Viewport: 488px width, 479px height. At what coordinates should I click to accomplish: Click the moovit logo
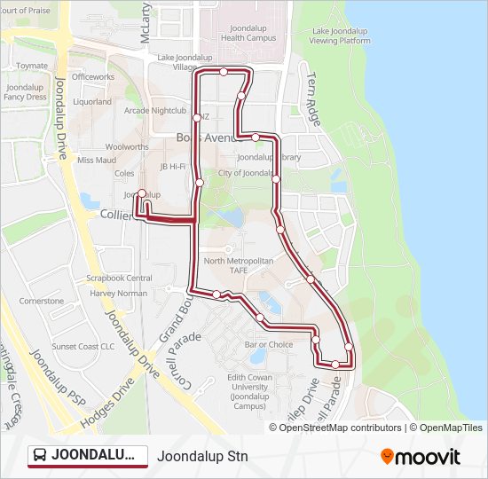(421, 457)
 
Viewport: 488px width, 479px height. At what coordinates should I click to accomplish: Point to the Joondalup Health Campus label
(248, 33)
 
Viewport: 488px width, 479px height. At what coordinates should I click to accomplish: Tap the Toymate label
(32, 66)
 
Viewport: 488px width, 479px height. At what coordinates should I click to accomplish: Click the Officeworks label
(93, 77)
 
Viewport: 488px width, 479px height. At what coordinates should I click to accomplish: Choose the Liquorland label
(92, 102)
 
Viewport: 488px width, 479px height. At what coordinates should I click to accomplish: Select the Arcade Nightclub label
(155, 111)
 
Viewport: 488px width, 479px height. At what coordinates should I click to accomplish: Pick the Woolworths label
(127, 146)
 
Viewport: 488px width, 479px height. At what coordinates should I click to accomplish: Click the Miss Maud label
(97, 161)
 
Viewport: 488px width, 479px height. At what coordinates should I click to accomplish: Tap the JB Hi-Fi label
(172, 167)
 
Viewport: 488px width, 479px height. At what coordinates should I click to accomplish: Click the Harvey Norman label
(118, 293)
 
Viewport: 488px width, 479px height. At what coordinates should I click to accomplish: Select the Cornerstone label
(42, 301)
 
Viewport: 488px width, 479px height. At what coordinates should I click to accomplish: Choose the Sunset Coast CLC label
(83, 347)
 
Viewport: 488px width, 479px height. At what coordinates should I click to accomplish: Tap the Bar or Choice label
(269, 344)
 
